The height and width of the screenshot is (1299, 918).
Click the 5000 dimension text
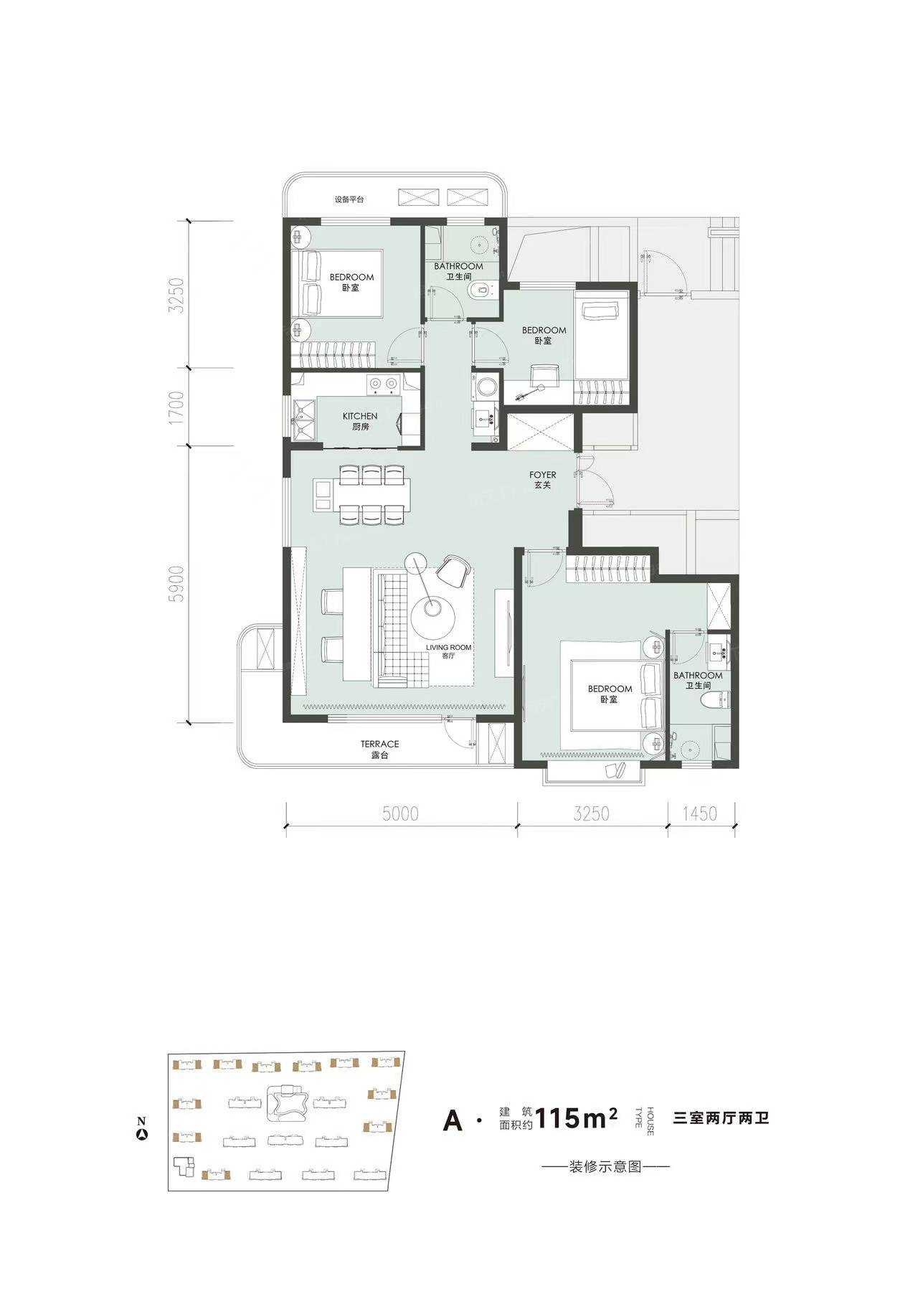point(400,813)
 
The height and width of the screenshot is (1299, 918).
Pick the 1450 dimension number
point(699,813)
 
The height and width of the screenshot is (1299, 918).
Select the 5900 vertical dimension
point(177,584)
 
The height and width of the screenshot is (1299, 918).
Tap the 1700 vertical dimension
point(177,407)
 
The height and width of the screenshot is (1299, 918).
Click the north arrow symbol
point(143,1135)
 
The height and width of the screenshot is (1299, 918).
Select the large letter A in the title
point(453,1120)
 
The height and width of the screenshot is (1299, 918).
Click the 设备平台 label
point(349,199)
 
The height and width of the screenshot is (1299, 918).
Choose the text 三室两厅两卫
point(721,1118)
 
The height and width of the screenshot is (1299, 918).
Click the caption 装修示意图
point(605,1167)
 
